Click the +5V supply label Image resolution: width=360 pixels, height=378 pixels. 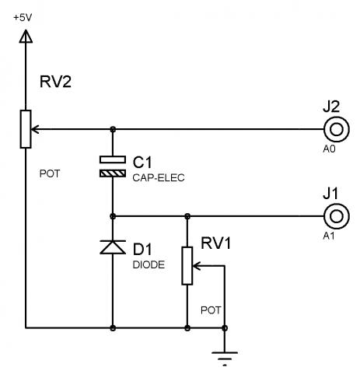23,18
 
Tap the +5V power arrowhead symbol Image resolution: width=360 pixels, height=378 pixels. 26,36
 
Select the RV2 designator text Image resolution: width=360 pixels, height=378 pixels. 55,82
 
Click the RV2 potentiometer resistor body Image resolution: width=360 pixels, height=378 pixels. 26,129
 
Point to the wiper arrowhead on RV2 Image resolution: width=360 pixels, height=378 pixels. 35,129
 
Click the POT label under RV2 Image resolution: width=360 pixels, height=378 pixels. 50,173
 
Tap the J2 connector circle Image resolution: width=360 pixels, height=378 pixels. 337,129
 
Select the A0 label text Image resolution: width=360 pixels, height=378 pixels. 329,149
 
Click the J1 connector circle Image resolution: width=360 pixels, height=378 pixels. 337,216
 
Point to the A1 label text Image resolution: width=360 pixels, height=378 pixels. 329,236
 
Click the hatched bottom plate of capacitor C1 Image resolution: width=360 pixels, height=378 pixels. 113,173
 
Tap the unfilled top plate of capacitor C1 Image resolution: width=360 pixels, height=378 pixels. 113,159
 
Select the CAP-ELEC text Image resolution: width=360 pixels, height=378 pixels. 159,178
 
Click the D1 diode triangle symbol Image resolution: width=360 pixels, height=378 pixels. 113,247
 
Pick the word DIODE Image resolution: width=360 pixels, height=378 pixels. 149,264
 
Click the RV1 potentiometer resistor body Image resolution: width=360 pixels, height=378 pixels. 187,266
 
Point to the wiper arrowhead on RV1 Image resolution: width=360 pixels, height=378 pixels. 197,266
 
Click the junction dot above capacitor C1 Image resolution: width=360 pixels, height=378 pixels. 113,129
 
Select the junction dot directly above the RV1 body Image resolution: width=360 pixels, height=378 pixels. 187,216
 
